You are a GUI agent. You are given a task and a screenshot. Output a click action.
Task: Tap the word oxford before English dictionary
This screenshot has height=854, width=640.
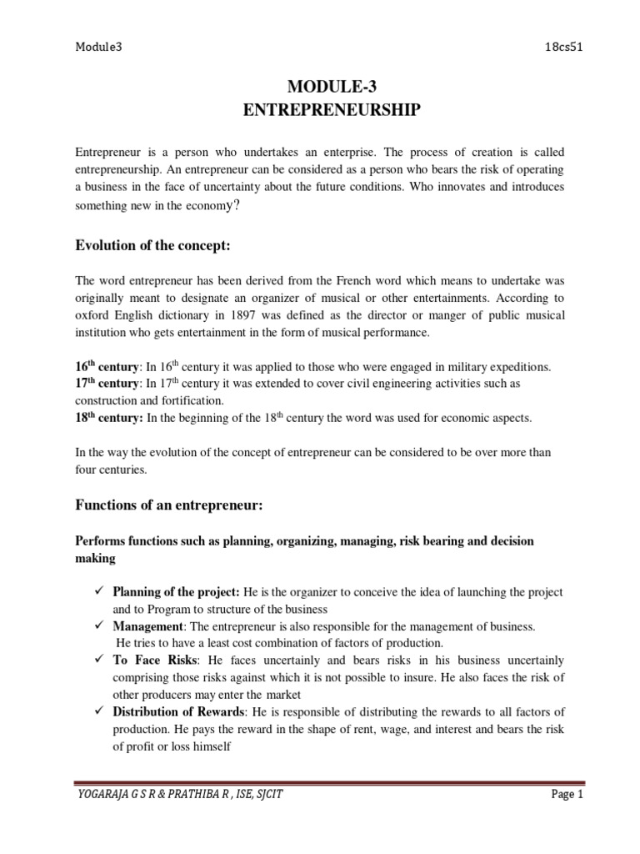(x=92, y=314)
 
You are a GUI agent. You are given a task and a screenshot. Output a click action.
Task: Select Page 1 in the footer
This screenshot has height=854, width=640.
(x=563, y=796)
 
